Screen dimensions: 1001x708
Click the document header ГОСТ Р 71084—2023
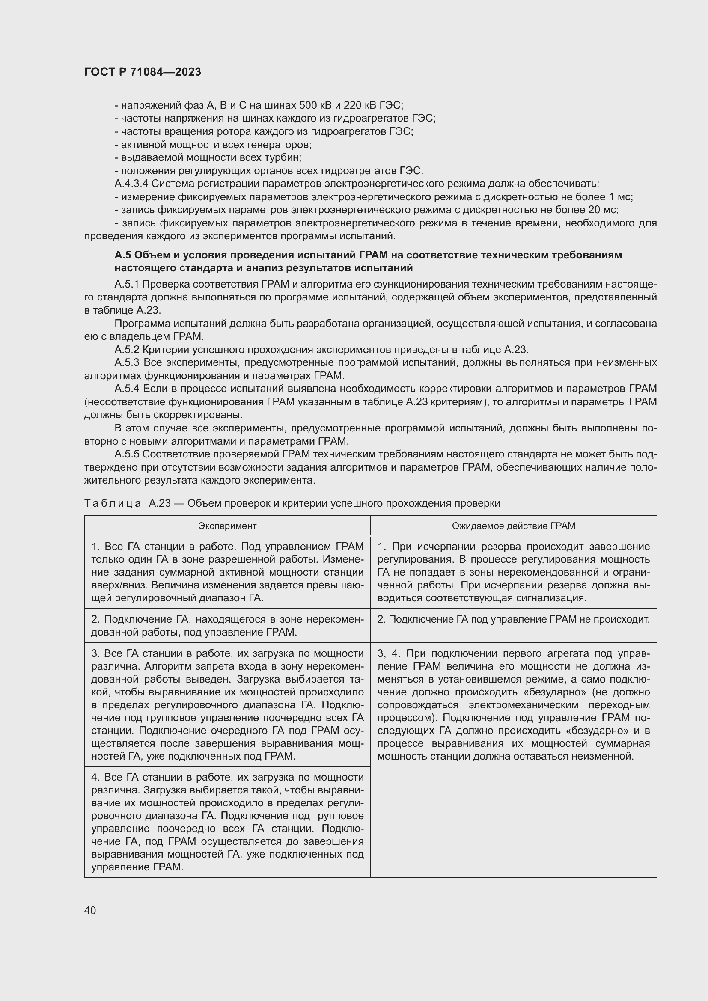pos(143,72)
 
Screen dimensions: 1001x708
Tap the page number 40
pos(90,910)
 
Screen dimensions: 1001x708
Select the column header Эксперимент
pos(227,526)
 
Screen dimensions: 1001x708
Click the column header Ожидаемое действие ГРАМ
pos(513,526)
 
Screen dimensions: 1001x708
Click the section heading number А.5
pos(122,255)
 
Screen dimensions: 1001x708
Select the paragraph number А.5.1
pos(126,284)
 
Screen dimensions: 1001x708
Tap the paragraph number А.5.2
pos(127,350)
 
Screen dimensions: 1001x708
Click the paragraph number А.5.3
pos(127,363)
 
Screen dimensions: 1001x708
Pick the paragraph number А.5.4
pos(127,389)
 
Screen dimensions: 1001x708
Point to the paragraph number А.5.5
pos(127,454)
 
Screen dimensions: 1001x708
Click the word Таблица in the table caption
pos(113,504)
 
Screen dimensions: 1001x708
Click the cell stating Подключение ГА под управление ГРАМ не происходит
pos(513,619)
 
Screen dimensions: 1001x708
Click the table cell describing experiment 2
pos(227,626)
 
